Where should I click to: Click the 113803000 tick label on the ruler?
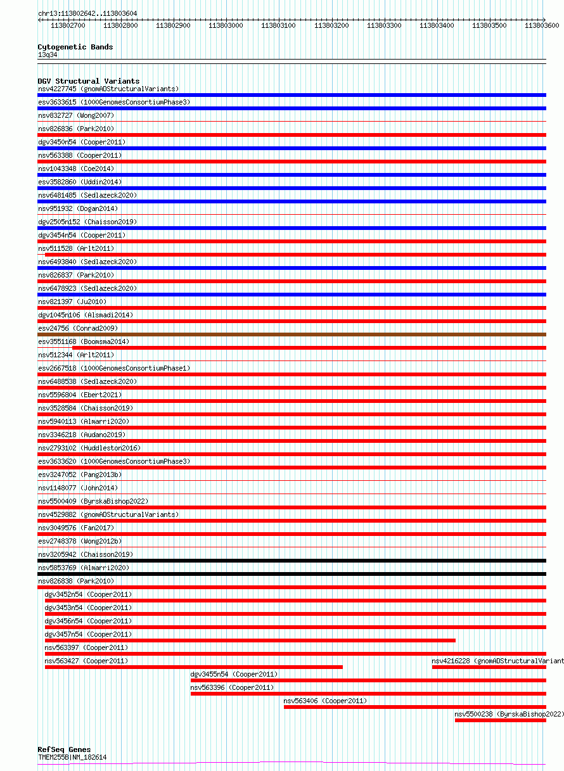pos(225,25)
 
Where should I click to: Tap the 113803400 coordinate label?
pos(437,25)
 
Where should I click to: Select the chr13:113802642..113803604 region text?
pos(87,13)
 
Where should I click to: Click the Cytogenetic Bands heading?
pos(75,47)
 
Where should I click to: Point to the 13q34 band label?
pos(48,54)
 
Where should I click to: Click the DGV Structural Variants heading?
pos(89,81)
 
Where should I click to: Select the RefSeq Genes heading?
pos(64,749)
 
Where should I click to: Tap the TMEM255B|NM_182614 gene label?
pos(72,757)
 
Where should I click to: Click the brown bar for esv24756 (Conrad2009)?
pos(292,335)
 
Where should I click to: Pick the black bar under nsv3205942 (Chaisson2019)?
pos(292,561)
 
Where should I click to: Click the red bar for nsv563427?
pos(193,667)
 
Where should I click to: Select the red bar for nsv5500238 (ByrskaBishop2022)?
pos(500,720)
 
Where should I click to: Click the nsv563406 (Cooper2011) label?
pos(325,701)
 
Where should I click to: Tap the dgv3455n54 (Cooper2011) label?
pos(234,674)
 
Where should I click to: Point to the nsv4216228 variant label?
pos(497,661)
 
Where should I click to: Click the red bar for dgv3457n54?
pos(250,640)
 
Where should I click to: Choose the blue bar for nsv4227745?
pos(292,95)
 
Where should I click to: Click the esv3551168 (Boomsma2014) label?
pos(84,341)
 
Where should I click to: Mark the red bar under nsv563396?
pos(368,694)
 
